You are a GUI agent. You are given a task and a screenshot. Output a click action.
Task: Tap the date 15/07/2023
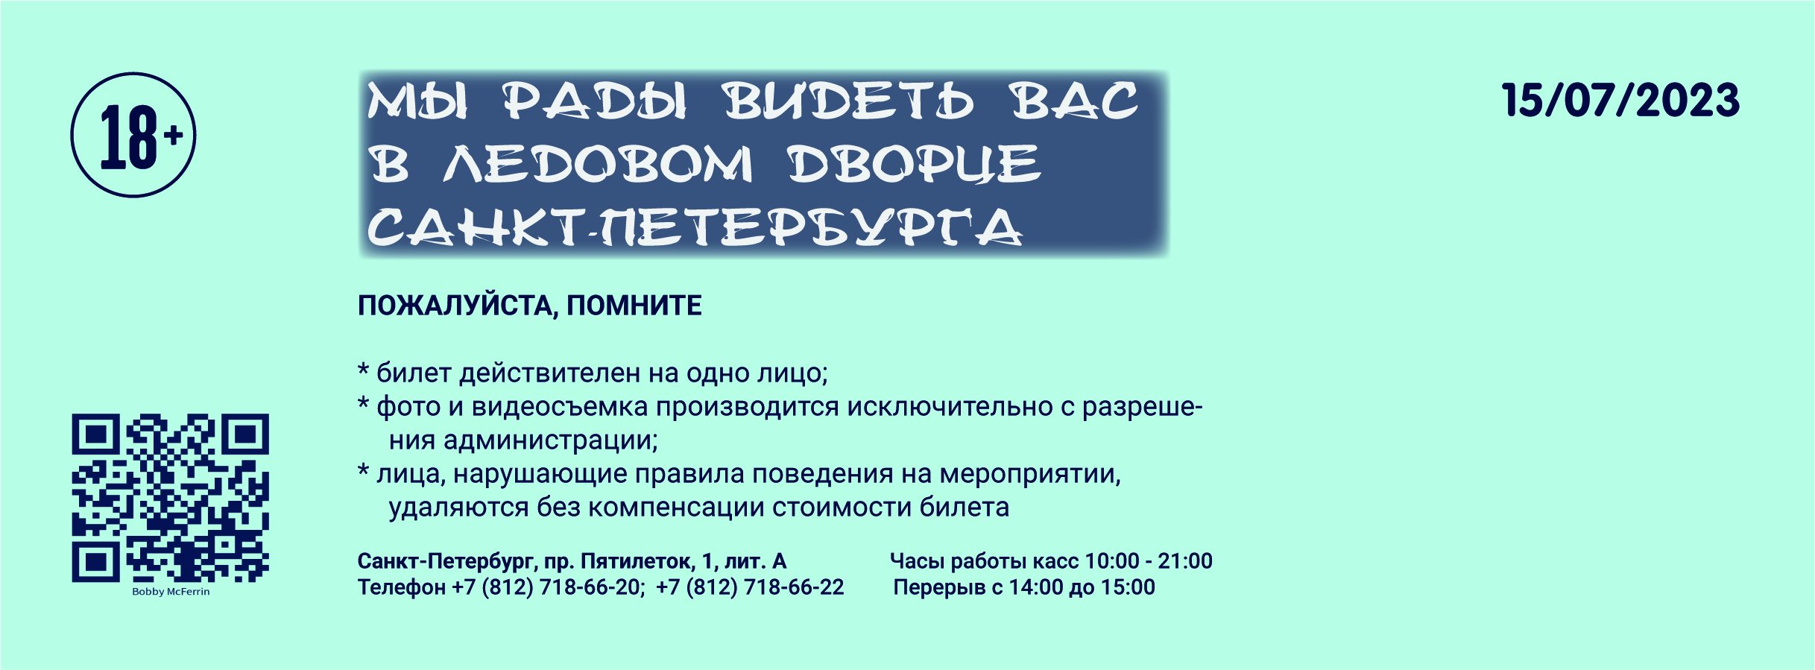[x=1620, y=101]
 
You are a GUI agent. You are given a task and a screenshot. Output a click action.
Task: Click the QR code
[x=170, y=498]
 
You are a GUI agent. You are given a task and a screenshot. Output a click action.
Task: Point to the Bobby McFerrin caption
[x=171, y=592]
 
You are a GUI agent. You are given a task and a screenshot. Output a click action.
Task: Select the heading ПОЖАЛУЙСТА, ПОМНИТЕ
[x=529, y=306]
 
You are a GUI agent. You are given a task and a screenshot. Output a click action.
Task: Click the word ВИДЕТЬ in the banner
[x=848, y=101]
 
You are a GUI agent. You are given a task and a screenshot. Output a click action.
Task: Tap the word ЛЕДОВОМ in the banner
[x=598, y=163]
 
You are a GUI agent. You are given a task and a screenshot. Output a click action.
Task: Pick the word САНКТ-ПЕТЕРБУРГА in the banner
[x=695, y=227]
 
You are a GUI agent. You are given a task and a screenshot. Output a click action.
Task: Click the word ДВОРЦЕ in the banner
[x=914, y=163]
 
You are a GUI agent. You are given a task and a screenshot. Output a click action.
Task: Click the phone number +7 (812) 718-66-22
[x=750, y=587]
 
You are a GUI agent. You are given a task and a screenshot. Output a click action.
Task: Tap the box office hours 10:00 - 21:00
[x=1149, y=560]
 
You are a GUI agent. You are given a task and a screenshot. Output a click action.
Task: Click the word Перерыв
[x=939, y=587]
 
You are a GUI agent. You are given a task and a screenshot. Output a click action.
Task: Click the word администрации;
[x=551, y=440]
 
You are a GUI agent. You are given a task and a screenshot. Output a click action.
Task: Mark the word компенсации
[x=677, y=508]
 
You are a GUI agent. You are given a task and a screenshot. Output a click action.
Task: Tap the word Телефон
[x=402, y=587]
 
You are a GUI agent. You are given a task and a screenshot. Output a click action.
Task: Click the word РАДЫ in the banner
[x=594, y=101]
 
